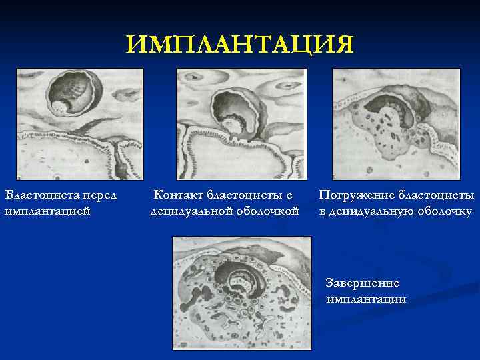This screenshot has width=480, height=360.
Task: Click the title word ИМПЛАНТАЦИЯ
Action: pos(240,45)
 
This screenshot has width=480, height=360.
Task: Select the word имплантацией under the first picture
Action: pos(47,212)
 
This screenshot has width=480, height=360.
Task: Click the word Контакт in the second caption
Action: pos(178,196)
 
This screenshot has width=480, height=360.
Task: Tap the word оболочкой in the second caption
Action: pos(265,212)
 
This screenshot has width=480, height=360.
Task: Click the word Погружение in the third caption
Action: pos(356,196)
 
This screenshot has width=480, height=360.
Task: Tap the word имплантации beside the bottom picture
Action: pos(366,299)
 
